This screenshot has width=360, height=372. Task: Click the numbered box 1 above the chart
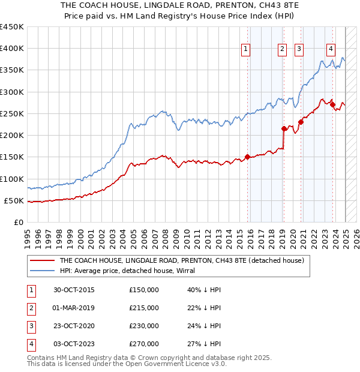tap(247, 50)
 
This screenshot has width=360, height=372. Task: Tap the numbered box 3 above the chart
tap(299, 50)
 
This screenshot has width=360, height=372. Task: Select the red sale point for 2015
tap(247, 158)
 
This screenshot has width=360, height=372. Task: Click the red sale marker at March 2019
tap(283, 128)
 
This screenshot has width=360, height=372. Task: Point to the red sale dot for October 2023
tap(332, 104)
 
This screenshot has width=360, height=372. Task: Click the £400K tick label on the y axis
tap(11, 49)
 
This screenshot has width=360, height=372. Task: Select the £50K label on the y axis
tap(14, 200)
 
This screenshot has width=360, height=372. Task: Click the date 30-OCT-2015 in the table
tap(74, 290)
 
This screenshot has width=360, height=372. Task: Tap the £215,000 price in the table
tap(144, 308)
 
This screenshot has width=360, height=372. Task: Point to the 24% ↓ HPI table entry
tap(204, 326)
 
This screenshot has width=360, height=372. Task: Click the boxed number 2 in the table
tap(30, 308)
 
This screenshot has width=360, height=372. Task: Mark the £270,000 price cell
tap(144, 344)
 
